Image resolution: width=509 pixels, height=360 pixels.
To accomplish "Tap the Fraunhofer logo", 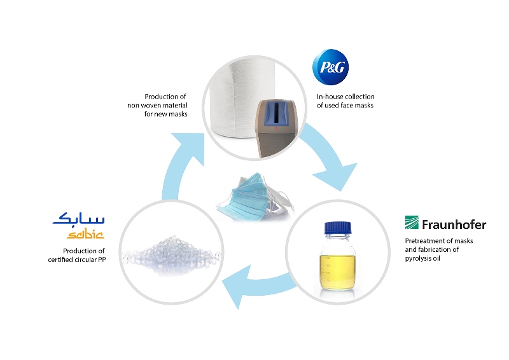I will coord(445,224).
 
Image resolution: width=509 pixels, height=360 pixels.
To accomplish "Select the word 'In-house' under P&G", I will coord(330,97).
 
